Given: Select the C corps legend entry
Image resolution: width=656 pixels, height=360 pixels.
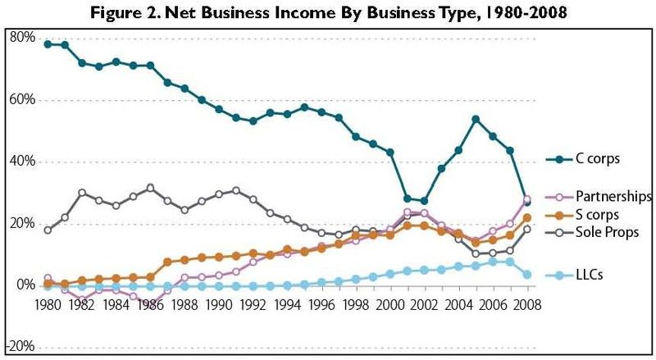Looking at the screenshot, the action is pos(583,159).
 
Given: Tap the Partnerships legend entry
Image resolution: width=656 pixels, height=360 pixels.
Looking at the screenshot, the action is pos(599,196).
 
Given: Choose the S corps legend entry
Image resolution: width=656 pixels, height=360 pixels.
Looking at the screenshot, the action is pos(582,215).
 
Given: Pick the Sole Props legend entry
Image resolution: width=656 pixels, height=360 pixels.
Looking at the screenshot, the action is pos(592,232).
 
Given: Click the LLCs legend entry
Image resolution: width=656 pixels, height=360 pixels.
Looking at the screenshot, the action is pos(575,275).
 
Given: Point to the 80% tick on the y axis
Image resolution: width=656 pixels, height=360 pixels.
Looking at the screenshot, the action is pos(22,38).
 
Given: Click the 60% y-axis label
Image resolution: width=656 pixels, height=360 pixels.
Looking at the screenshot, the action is pos(22,99).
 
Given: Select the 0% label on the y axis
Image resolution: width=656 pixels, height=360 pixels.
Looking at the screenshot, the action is pos(25,285).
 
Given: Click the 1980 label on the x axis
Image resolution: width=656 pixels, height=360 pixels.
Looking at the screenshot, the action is pos(48,305).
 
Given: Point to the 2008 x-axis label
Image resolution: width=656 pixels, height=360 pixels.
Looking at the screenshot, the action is pos(527,305).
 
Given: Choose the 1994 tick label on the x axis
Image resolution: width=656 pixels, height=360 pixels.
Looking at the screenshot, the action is pos(288,305).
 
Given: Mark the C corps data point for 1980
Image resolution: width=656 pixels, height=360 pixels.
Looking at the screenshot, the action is pos(48,44).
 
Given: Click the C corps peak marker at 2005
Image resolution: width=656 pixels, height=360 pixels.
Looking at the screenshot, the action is pos(476,119).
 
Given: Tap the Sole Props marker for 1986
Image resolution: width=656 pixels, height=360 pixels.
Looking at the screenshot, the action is pos(151,188).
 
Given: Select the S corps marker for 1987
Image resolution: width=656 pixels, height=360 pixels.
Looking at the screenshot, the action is pos(168,262).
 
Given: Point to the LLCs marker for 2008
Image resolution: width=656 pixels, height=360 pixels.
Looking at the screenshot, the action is pos(527,275).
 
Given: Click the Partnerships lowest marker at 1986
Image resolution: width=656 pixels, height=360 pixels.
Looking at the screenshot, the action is pos(151,303).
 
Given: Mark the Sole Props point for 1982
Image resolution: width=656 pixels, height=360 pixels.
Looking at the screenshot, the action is pos(82,193).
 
